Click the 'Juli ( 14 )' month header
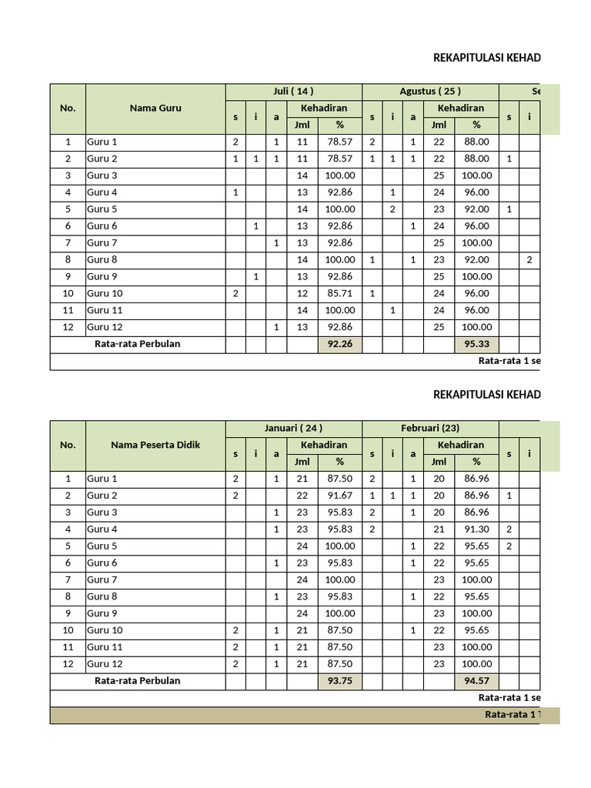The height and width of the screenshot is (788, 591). point(293,92)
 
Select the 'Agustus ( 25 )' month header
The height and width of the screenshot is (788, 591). point(430,92)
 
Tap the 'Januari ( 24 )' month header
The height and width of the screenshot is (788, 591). point(293,428)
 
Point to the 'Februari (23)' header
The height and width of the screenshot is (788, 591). point(430,428)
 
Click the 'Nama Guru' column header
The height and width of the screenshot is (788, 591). point(155,108)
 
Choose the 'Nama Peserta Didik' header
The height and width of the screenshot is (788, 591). point(155,445)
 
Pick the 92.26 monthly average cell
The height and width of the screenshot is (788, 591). point(339,344)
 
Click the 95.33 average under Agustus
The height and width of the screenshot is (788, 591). point(477,344)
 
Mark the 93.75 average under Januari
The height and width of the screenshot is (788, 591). point(339,680)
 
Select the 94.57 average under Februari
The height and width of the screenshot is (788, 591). point(477,680)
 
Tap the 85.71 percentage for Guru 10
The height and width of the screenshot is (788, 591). point(339,293)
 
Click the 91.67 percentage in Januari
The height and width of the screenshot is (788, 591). point(339,496)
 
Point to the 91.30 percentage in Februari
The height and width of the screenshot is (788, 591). point(477,529)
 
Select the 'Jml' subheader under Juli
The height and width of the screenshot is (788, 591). point(302,125)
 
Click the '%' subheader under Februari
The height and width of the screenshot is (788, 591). point(477,462)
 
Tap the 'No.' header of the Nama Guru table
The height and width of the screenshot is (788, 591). point(68,108)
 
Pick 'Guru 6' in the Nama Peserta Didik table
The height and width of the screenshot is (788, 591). point(102,563)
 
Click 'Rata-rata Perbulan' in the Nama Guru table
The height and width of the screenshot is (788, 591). point(137,344)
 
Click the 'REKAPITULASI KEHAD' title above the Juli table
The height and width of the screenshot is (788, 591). point(487,58)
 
